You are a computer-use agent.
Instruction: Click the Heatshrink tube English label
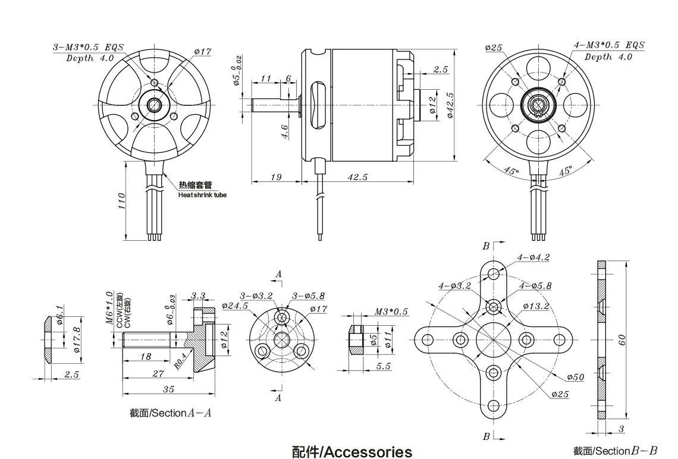pos(202,195)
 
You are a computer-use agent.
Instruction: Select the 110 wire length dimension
pos(121,200)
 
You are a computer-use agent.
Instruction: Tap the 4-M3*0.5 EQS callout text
pos(608,46)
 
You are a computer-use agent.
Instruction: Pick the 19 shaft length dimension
pos(275,177)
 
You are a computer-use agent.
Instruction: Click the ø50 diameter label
pos(576,377)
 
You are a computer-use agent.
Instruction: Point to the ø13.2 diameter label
pos(535,306)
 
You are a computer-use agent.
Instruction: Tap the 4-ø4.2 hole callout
pos(533,257)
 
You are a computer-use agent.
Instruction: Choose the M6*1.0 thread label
pos(109,307)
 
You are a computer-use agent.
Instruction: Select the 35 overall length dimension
pos(168,389)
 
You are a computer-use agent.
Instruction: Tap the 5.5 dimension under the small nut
pos(383,366)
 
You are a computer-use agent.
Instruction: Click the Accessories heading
pos(352,452)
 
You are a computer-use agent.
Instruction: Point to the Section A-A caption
pos(170,413)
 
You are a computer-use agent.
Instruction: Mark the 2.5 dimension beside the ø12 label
pos(440,70)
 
